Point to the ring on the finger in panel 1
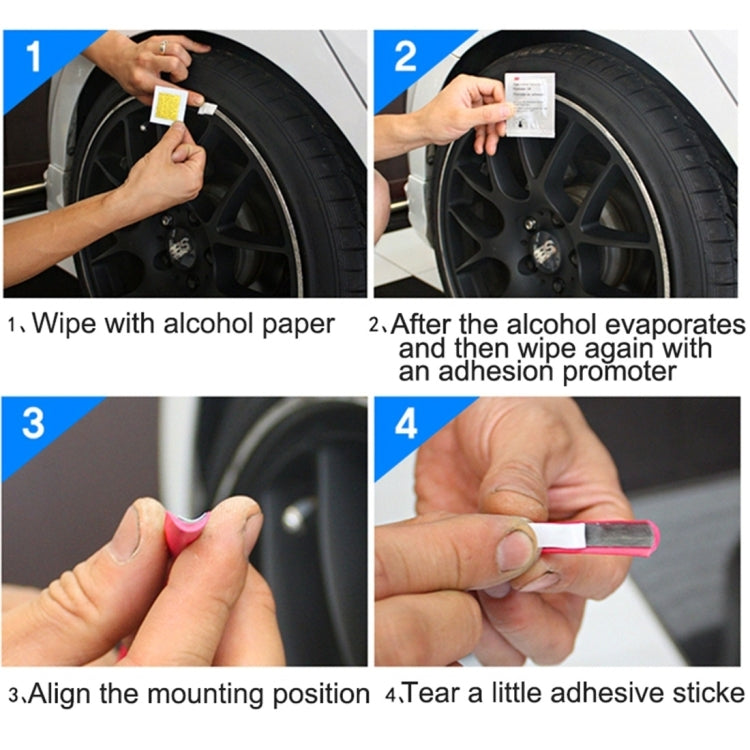pyautogui.click(x=163, y=46)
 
